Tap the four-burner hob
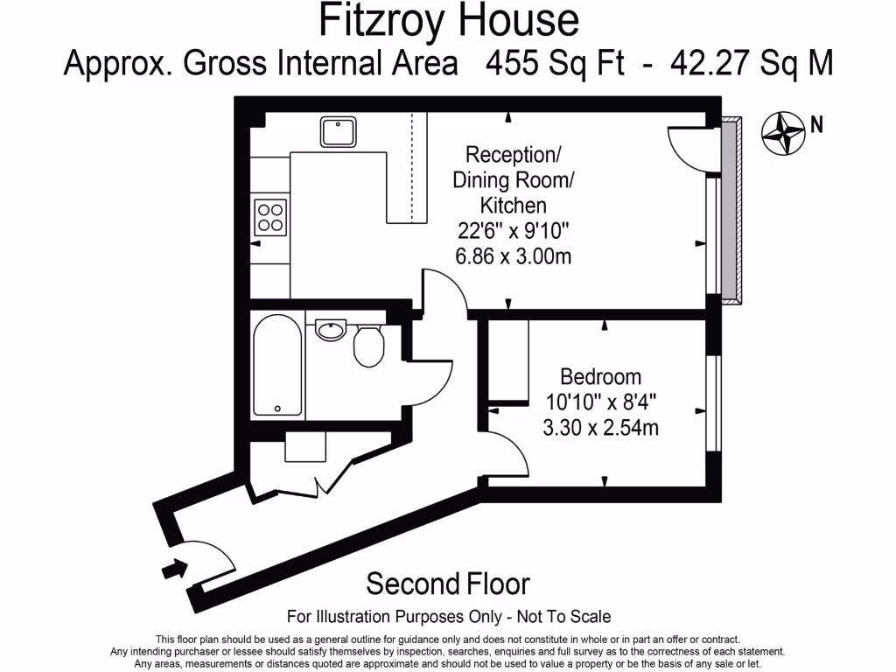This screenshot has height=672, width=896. [x=269, y=217]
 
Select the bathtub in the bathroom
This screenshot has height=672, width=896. [x=277, y=366]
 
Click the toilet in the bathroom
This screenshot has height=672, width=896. [x=368, y=346]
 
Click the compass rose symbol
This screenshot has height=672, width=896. [x=782, y=134]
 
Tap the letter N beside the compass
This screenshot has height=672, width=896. [x=815, y=124]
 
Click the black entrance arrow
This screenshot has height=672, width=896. [x=174, y=570]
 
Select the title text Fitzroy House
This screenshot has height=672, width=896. [x=448, y=21]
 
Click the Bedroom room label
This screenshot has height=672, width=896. [x=600, y=377]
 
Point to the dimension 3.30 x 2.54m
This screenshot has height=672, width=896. [x=600, y=428]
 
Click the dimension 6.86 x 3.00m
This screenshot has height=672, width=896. [x=513, y=256]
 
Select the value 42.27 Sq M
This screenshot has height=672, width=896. [x=751, y=64]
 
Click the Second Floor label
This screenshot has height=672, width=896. [x=448, y=583]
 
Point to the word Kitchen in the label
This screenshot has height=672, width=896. [x=513, y=206]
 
